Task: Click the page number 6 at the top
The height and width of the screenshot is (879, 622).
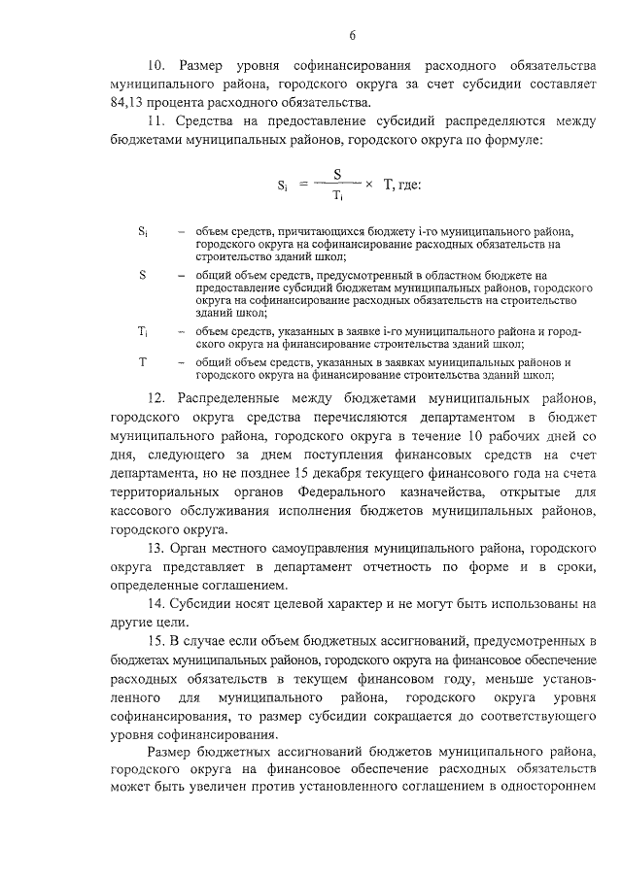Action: click(354, 36)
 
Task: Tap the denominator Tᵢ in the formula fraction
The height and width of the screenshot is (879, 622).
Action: click(337, 194)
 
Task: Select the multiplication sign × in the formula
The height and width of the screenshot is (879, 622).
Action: click(368, 184)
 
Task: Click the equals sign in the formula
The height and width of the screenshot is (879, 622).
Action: click(302, 185)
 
